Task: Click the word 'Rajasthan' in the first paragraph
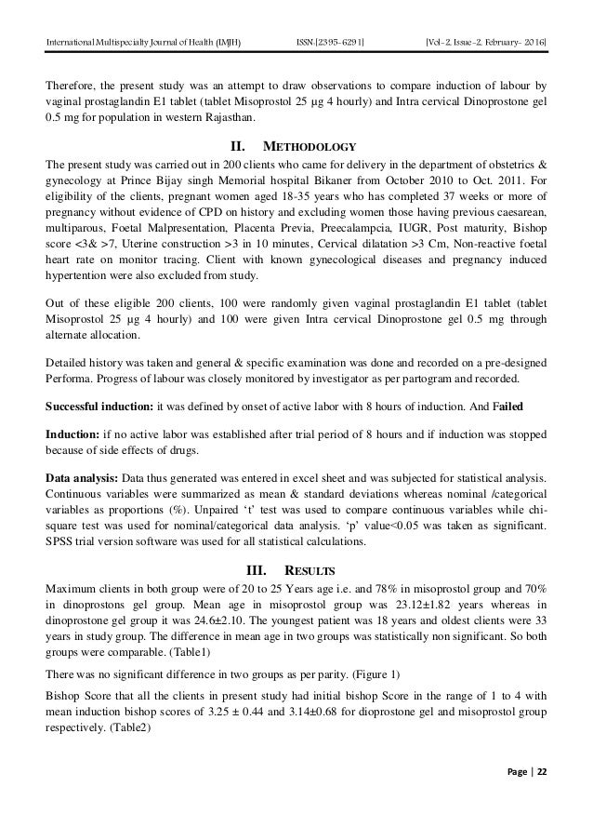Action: pyautogui.click(x=238, y=118)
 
